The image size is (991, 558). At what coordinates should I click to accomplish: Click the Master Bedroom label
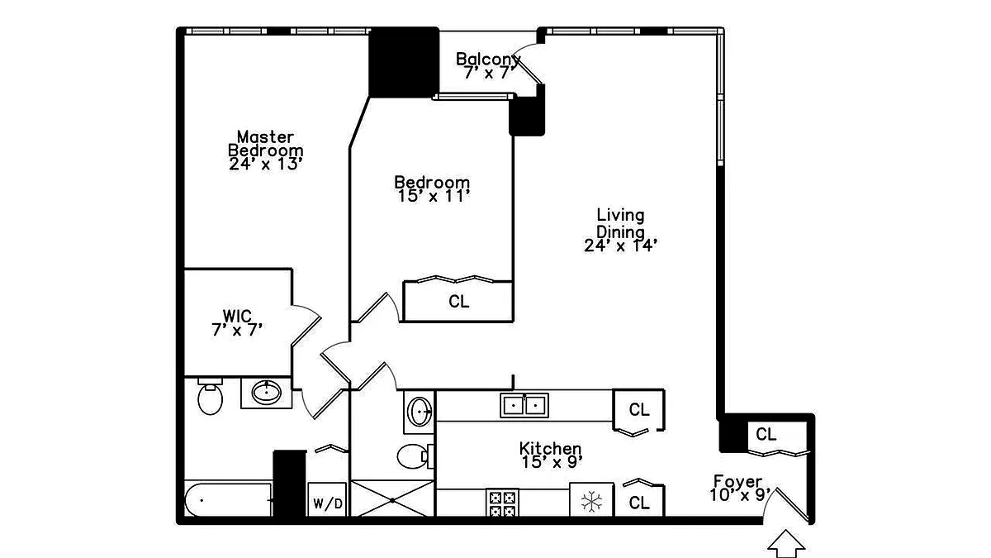click(x=265, y=150)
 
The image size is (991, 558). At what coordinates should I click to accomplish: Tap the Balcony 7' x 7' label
click(x=488, y=66)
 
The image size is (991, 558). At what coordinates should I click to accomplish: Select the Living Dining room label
click(x=620, y=231)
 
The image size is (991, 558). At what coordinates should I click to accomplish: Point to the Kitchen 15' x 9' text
click(x=551, y=455)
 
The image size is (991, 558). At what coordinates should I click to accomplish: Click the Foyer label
click(x=741, y=488)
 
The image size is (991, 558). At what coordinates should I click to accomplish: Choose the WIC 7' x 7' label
click(x=237, y=323)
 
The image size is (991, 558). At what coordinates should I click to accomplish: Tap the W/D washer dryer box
click(x=327, y=499)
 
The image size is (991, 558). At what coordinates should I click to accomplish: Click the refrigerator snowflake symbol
click(x=591, y=501)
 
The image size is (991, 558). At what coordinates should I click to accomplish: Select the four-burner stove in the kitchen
click(x=503, y=503)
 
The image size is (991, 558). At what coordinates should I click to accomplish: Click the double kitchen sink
click(x=524, y=405)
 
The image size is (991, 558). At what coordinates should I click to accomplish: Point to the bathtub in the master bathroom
click(x=228, y=500)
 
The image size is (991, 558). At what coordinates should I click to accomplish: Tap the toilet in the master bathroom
click(x=210, y=396)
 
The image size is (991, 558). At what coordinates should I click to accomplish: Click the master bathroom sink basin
click(x=266, y=393)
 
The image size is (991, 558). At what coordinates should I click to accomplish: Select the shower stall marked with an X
click(x=392, y=498)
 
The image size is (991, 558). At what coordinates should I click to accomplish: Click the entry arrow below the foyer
click(x=786, y=543)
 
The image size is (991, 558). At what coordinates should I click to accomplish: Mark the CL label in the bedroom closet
click(x=459, y=302)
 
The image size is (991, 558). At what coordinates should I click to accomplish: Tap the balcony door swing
click(x=529, y=65)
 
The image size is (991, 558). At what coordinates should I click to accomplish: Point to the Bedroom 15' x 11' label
click(x=432, y=189)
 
